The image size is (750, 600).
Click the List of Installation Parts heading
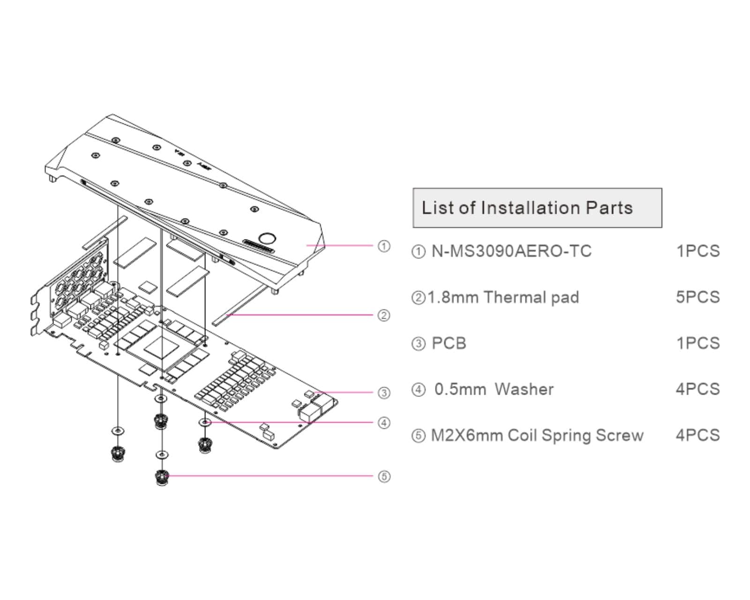click(527, 208)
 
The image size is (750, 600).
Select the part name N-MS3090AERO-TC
click(511, 251)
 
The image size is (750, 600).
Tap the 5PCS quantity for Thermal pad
click(697, 297)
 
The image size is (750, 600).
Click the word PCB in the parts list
click(449, 343)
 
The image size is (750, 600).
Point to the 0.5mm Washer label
click(494, 389)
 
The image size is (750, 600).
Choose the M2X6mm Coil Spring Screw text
click(537, 435)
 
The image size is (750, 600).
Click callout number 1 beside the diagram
click(384, 246)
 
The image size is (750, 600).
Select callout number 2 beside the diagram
click(384, 315)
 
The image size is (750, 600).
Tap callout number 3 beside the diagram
click(384, 393)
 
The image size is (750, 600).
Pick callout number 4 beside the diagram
click(384, 423)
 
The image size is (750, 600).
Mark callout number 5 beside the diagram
click(384, 477)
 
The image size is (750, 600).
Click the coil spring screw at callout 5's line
click(162, 478)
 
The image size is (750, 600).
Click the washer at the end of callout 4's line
click(205, 422)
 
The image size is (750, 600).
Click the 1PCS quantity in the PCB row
click(697, 343)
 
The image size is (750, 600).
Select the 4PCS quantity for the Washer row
click(697, 389)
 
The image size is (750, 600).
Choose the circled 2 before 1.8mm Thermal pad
click(417, 298)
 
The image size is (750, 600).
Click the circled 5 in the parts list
click(417, 436)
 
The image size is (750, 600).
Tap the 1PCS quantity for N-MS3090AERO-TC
click(697, 251)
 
